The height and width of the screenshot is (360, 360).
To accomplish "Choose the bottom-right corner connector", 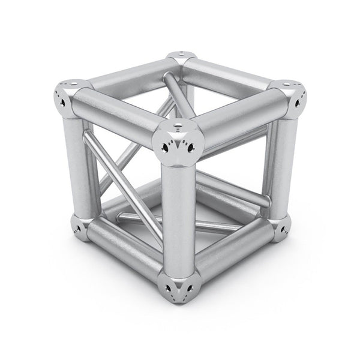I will click(279, 227).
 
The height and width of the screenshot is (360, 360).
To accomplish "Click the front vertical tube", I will click(179, 216).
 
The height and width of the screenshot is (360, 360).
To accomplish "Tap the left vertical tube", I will click(74, 162).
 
